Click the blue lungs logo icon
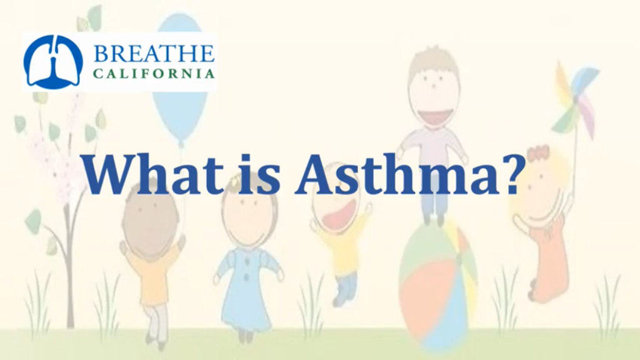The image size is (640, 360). tap(53, 62)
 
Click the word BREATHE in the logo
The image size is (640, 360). tap(154, 54)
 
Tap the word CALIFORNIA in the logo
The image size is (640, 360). tap(154, 74)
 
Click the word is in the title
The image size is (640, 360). tap(256, 174)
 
